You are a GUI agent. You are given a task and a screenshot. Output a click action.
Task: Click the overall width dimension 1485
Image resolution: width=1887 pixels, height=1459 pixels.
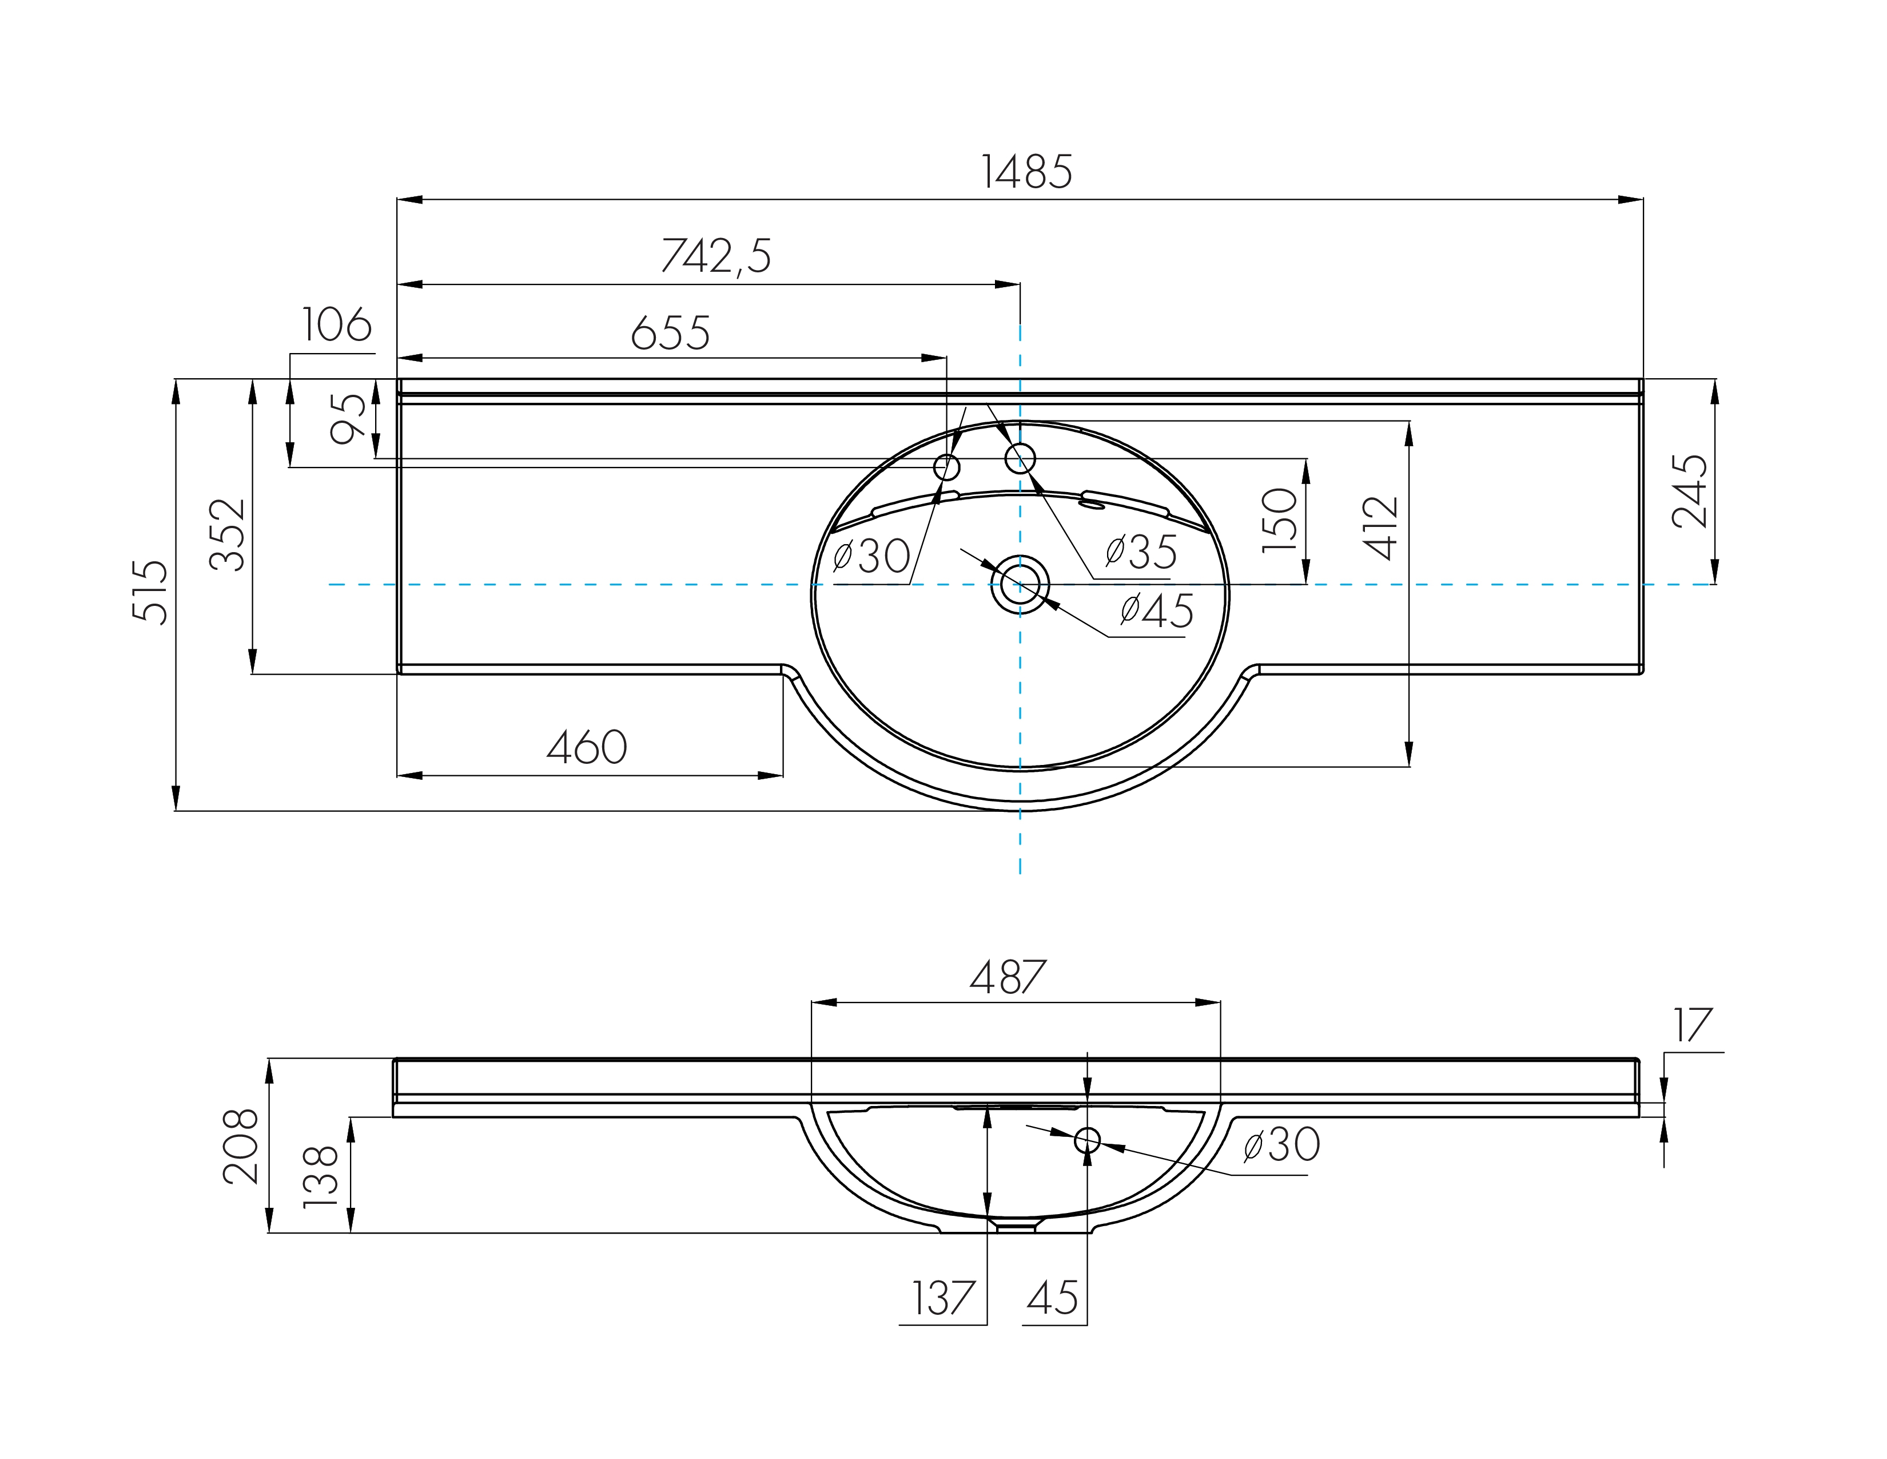(1026, 172)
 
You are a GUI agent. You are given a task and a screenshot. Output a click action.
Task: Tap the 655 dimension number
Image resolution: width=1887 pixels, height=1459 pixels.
(671, 333)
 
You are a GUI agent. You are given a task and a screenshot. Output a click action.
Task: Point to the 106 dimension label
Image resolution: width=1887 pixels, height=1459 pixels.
(337, 325)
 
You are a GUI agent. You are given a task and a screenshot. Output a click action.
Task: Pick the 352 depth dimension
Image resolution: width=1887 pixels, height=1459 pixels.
(228, 534)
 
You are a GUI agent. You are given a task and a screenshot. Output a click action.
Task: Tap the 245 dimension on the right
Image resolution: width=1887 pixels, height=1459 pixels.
(1690, 491)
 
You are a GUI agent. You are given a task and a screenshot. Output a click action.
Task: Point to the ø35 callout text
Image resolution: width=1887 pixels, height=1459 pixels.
(1141, 552)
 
